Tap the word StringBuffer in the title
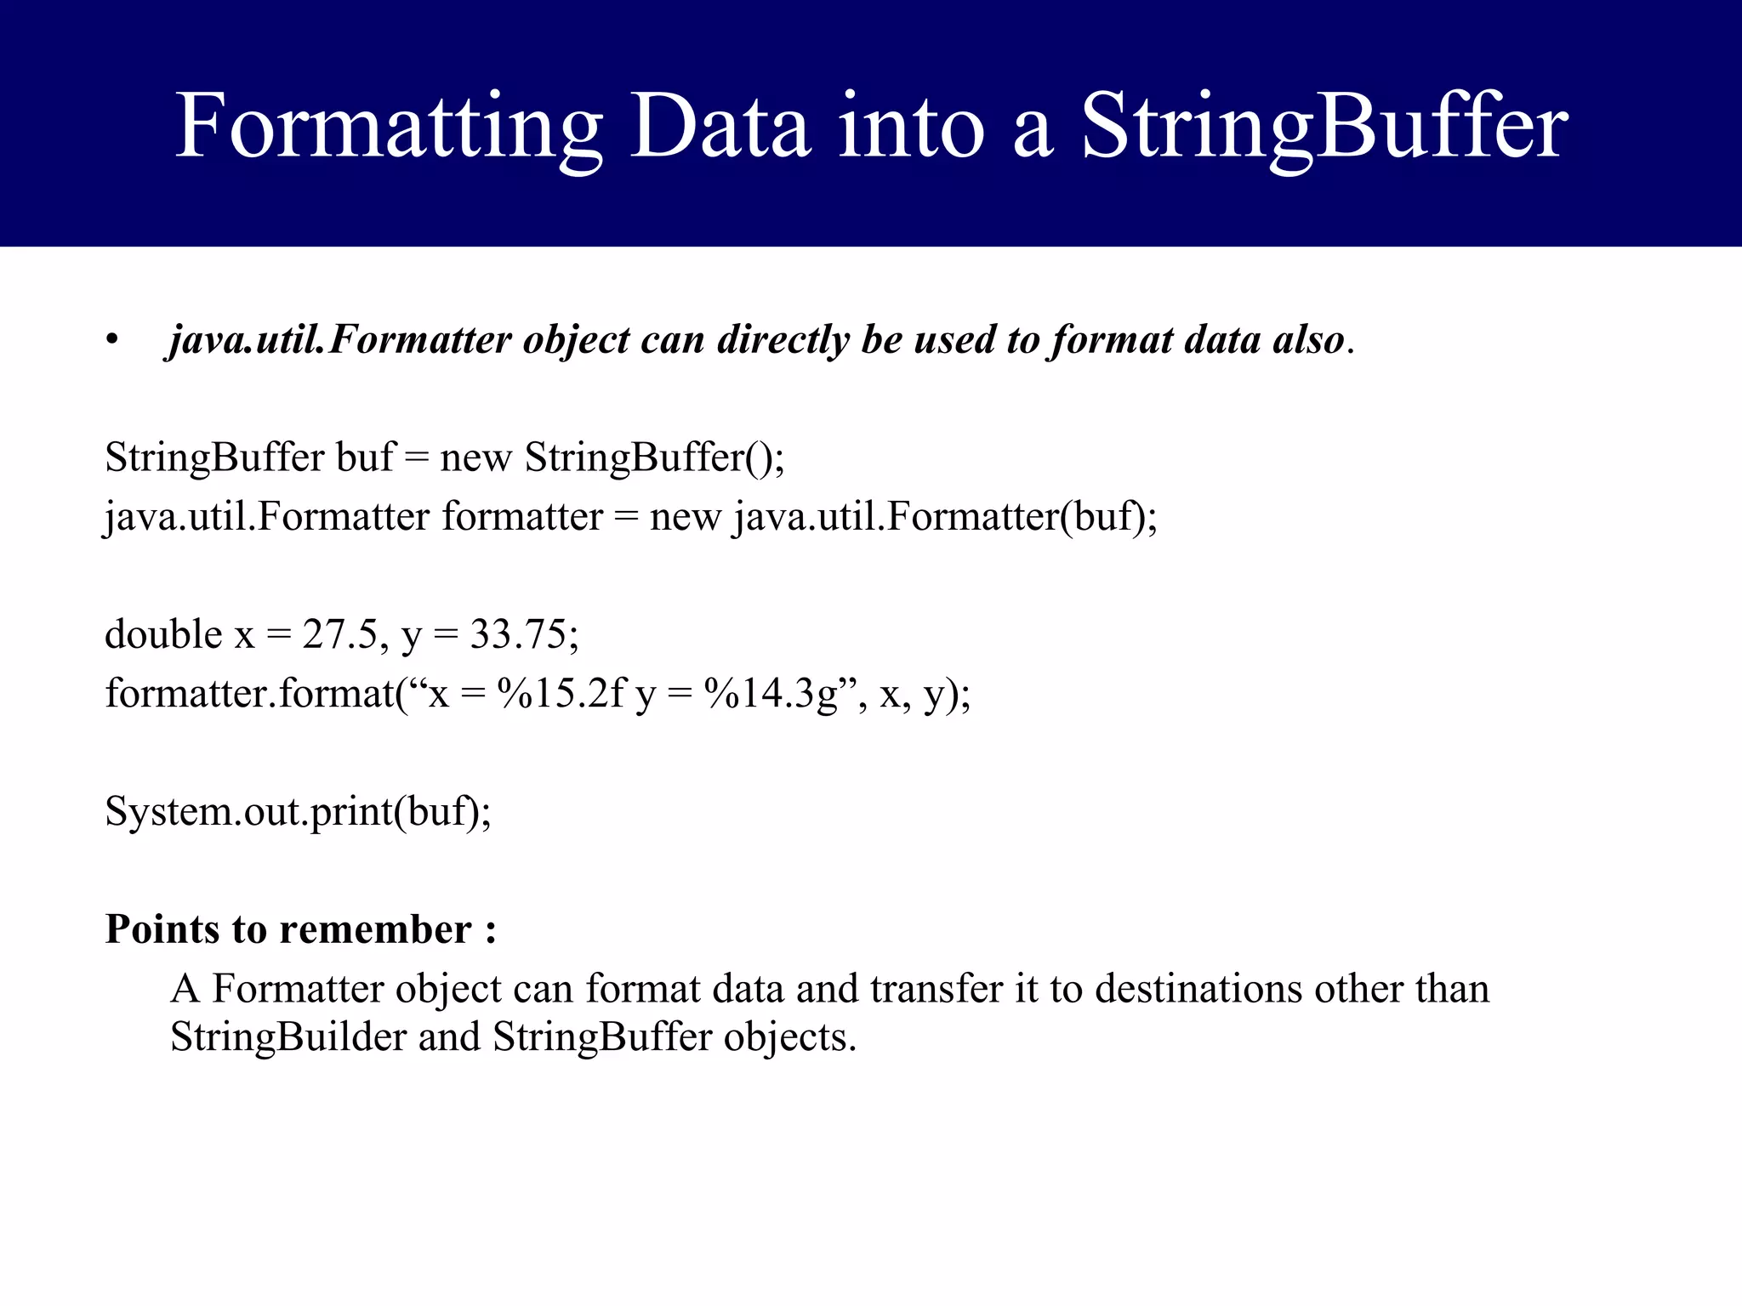coord(1324,128)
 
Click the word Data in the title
coord(720,128)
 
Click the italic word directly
coord(783,340)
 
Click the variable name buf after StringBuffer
coord(366,457)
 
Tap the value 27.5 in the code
coord(339,634)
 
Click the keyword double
coord(162,634)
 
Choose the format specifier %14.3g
coord(771,693)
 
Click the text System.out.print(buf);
coord(298,811)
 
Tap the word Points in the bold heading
coord(162,928)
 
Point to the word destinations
coord(1198,988)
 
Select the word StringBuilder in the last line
coord(287,1036)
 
